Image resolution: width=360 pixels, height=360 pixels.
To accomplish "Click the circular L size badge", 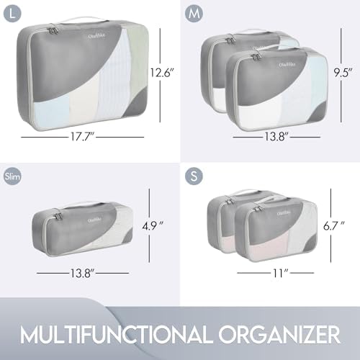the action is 12,14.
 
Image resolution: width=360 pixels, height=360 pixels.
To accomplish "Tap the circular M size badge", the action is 194,14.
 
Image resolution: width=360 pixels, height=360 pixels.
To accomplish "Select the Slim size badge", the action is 12,177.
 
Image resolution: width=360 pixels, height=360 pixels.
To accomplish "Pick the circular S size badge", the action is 194,176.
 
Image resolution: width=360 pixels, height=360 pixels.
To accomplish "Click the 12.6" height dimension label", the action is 161,72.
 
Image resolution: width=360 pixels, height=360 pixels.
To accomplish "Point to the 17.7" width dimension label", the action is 81,137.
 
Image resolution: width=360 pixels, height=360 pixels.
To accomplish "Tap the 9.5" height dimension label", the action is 343,72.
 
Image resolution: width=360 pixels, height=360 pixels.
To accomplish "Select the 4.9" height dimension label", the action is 153,226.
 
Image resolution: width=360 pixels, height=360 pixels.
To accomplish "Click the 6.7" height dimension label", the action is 334,226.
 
